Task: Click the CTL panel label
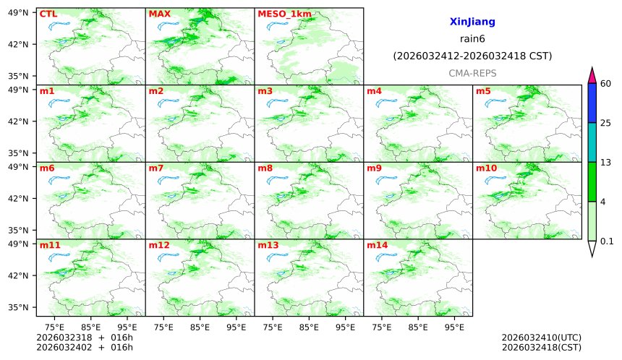tap(48, 14)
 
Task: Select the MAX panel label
tap(158, 14)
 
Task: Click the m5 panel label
tap(482, 91)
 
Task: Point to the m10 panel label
tap(486, 168)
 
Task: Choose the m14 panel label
tap(377, 245)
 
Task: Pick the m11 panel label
tap(50, 245)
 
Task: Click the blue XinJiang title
tap(472, 22)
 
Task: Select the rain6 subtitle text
tap(472, 39)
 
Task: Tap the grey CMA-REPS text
tap(472, 74)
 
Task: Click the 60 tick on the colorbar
tap(606, 84)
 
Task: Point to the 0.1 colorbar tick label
tap(608, 241)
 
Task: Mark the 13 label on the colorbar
tap(606, 163)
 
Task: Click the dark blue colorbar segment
tap(592, 103)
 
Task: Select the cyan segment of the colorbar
tap(592, 142)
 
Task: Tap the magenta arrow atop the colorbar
tap(592, 74)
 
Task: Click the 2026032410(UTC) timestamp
tap(541, 338)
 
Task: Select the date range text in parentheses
tap(472, 56)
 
